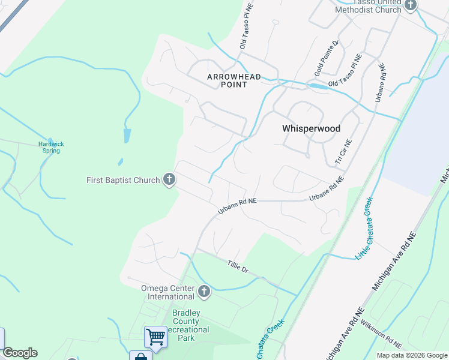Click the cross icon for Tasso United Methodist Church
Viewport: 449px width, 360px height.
click(411, 5)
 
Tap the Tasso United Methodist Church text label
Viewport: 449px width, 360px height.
click(367, 6)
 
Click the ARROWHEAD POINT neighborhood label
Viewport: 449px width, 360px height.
click(227, 80)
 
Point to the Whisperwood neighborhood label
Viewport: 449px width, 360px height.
click(311, 128)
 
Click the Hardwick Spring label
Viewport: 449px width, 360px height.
click(51, 147)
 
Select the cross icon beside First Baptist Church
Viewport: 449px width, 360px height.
click(170, 179)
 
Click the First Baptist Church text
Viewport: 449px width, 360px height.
click(123, 180)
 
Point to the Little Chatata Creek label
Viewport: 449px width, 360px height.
click(364, 228)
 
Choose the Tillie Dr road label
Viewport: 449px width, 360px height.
click(238, 266)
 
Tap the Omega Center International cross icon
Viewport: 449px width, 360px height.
click(204, 292)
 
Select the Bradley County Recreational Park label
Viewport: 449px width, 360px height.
click(191, 325)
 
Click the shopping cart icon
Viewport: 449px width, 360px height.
click(155, 337)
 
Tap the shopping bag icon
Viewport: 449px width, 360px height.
click(140, 356)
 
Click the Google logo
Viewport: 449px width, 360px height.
click(20, 353)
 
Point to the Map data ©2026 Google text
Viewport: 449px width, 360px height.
click(411, 355)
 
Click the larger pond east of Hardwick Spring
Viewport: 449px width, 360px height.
click(127, 135)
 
